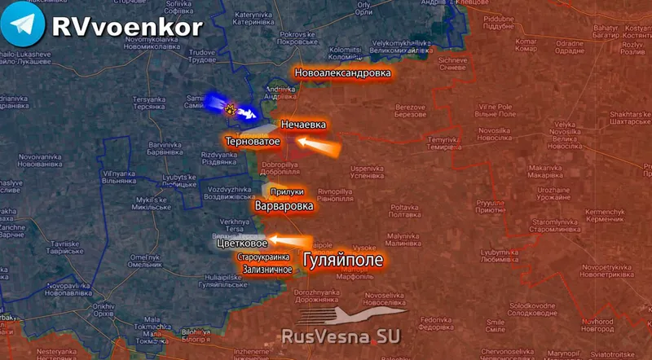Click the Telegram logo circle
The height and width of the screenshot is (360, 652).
click(23, 26)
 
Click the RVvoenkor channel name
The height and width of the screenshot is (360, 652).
click(126, 26)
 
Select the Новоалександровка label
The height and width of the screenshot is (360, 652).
click(342, 72)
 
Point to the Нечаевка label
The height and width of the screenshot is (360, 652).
click(303, 125)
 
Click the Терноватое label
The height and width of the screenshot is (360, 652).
click(253, 142)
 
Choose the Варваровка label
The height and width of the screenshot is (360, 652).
click(284, 207)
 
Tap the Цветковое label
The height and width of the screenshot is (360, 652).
click(243, 243)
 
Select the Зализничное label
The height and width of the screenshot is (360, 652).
click(266, 269)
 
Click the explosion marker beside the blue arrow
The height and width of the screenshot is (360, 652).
click(231, 108)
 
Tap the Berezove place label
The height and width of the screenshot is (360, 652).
click(410, 111)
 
